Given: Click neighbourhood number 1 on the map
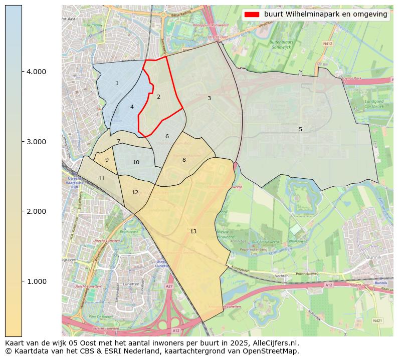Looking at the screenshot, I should (x=117, y=84).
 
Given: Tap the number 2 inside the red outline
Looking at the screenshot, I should (x=158, y=97).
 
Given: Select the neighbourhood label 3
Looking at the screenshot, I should (x=209, y=98).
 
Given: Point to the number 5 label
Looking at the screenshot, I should (x=300, y=129).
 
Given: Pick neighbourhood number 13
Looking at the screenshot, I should (x=193, y=231).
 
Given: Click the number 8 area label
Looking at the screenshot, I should (x=184, y=160).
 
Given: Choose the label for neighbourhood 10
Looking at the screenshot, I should (x=136, y=163).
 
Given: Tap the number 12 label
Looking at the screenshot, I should (x=135, y=192).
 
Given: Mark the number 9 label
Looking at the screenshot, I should (x=107, y=160).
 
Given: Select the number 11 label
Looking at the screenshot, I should (x=102, y=178).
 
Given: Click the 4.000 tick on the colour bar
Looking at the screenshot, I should (x=36, y=72).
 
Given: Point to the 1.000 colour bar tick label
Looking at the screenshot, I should (x=36, y=281).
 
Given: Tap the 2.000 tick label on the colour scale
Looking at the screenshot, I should (x=36, y=211).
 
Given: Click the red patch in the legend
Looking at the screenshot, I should (x=252, y=15).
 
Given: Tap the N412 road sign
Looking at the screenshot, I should (x=328, y=44).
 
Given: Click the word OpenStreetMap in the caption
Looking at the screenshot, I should (x=273, y=351).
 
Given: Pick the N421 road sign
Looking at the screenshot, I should (x=377, y=320).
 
